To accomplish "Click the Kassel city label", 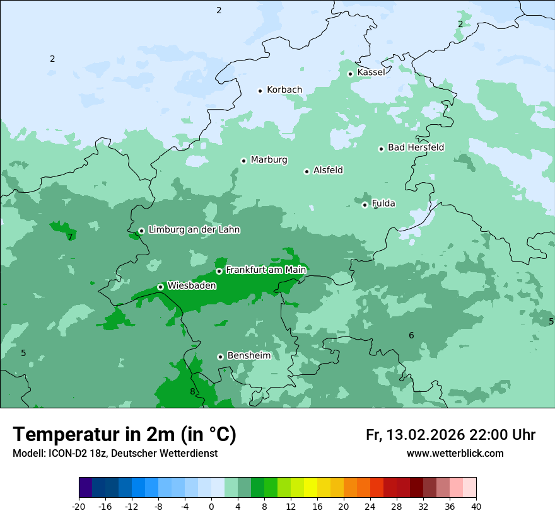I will [371, 72].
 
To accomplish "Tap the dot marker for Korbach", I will [260, 91].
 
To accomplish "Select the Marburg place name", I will [269, 160].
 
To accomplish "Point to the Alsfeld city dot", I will [307, 171].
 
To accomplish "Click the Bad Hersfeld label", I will [416, 147].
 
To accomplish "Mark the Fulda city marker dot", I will [365, 205].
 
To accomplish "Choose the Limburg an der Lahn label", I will [194, 230].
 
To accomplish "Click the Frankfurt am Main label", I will [266, 270].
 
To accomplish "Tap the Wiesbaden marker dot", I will [160, 287].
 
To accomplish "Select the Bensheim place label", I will [248, 355].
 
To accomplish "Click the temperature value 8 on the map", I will [192, 391].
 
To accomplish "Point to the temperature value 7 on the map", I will [70, 237].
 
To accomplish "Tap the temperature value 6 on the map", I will [411, 335].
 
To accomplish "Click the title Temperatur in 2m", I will [124, 435].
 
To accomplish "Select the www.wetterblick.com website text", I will [455, 454].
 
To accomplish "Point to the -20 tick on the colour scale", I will [79, 506].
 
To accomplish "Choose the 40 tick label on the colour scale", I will [476, 506].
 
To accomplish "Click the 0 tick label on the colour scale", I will [211, 506].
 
